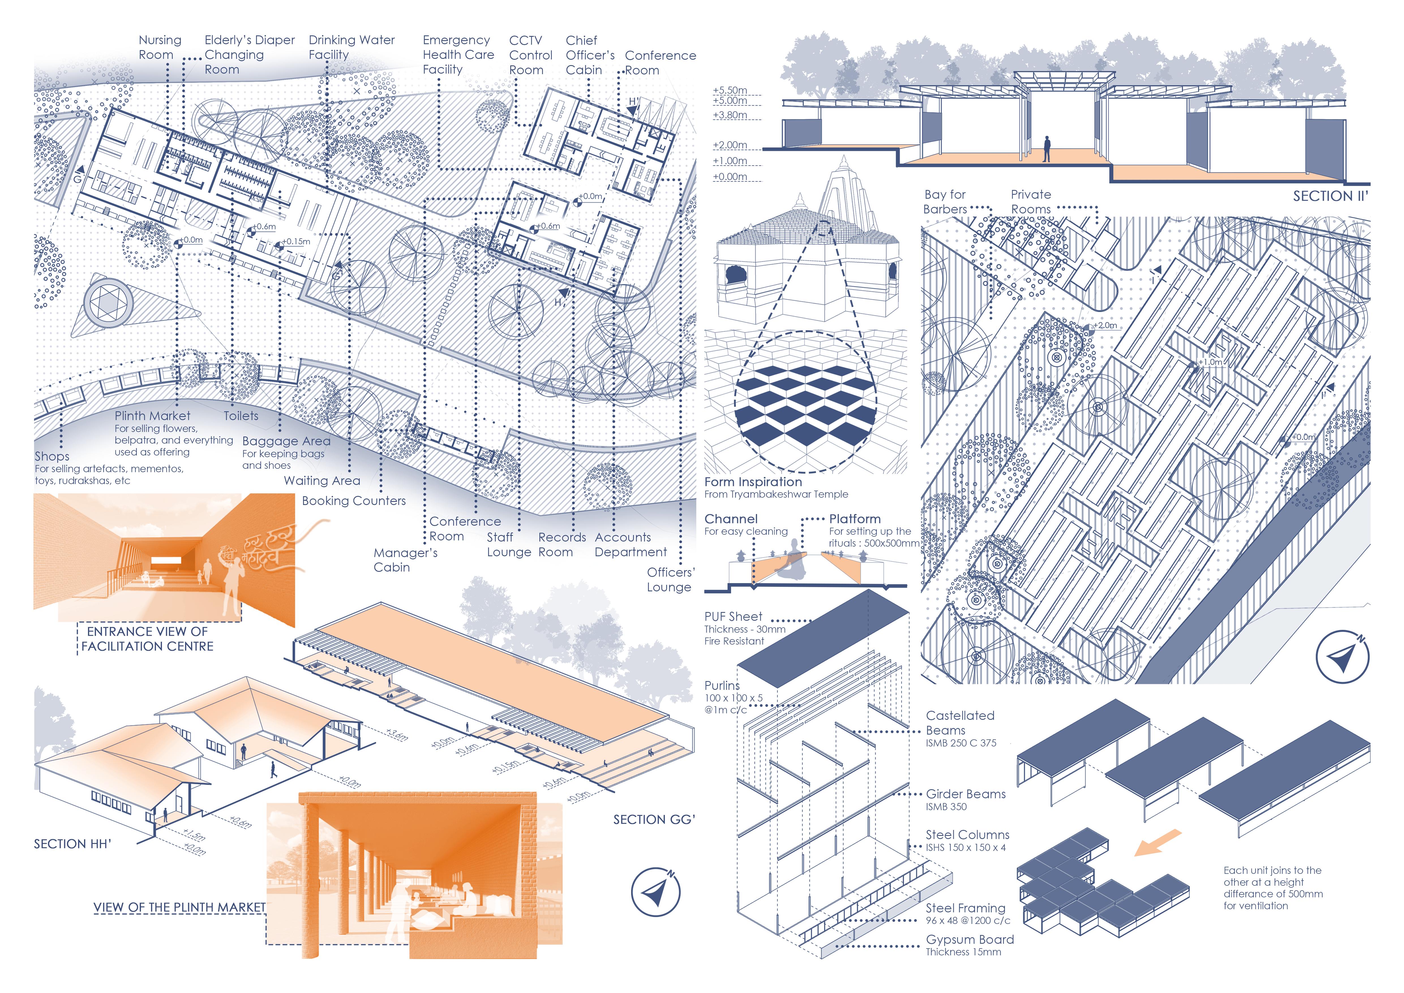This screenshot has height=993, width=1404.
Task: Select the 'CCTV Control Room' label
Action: [530, 55]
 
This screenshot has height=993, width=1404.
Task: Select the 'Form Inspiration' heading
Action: [753, 482]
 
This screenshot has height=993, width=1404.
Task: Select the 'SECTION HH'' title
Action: [72, 844]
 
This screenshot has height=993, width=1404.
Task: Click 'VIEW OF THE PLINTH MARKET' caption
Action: [179, 908]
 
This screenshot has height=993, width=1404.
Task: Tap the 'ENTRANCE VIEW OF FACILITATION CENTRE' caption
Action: [147, 638]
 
